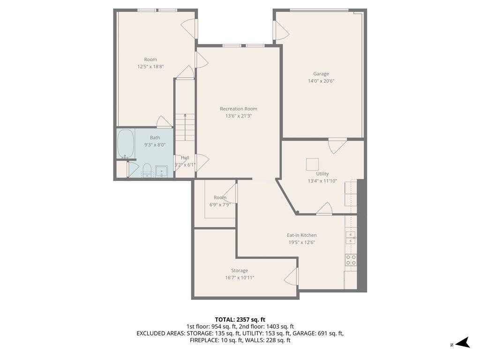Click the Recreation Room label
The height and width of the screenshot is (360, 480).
point(239,109)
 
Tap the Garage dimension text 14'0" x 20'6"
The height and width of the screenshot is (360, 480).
point(321,81)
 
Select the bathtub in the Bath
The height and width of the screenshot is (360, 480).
point(126,143)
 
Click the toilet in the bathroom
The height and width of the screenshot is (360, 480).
point(147,170)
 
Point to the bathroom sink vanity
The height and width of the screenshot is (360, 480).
point(161,171)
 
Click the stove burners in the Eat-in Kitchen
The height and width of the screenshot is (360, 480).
point(351,260)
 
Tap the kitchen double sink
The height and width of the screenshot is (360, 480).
point(351,238)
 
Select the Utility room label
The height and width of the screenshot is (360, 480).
point(322,173)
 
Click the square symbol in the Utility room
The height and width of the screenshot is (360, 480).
point(312,164)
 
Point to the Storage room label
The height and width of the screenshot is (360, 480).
point(240,270)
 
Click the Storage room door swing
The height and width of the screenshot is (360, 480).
point(291,277)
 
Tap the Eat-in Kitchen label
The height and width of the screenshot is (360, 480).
point(302,235)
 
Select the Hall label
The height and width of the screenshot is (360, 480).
point(185,157)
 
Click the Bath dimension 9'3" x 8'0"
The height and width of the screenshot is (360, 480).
point(155,145)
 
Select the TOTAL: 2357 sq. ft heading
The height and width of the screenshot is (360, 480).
point(240,320)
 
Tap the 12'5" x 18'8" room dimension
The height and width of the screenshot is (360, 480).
point(150,67)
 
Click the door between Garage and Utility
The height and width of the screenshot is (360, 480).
point(337,146)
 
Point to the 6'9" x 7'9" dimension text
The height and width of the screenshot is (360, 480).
point(220,205)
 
